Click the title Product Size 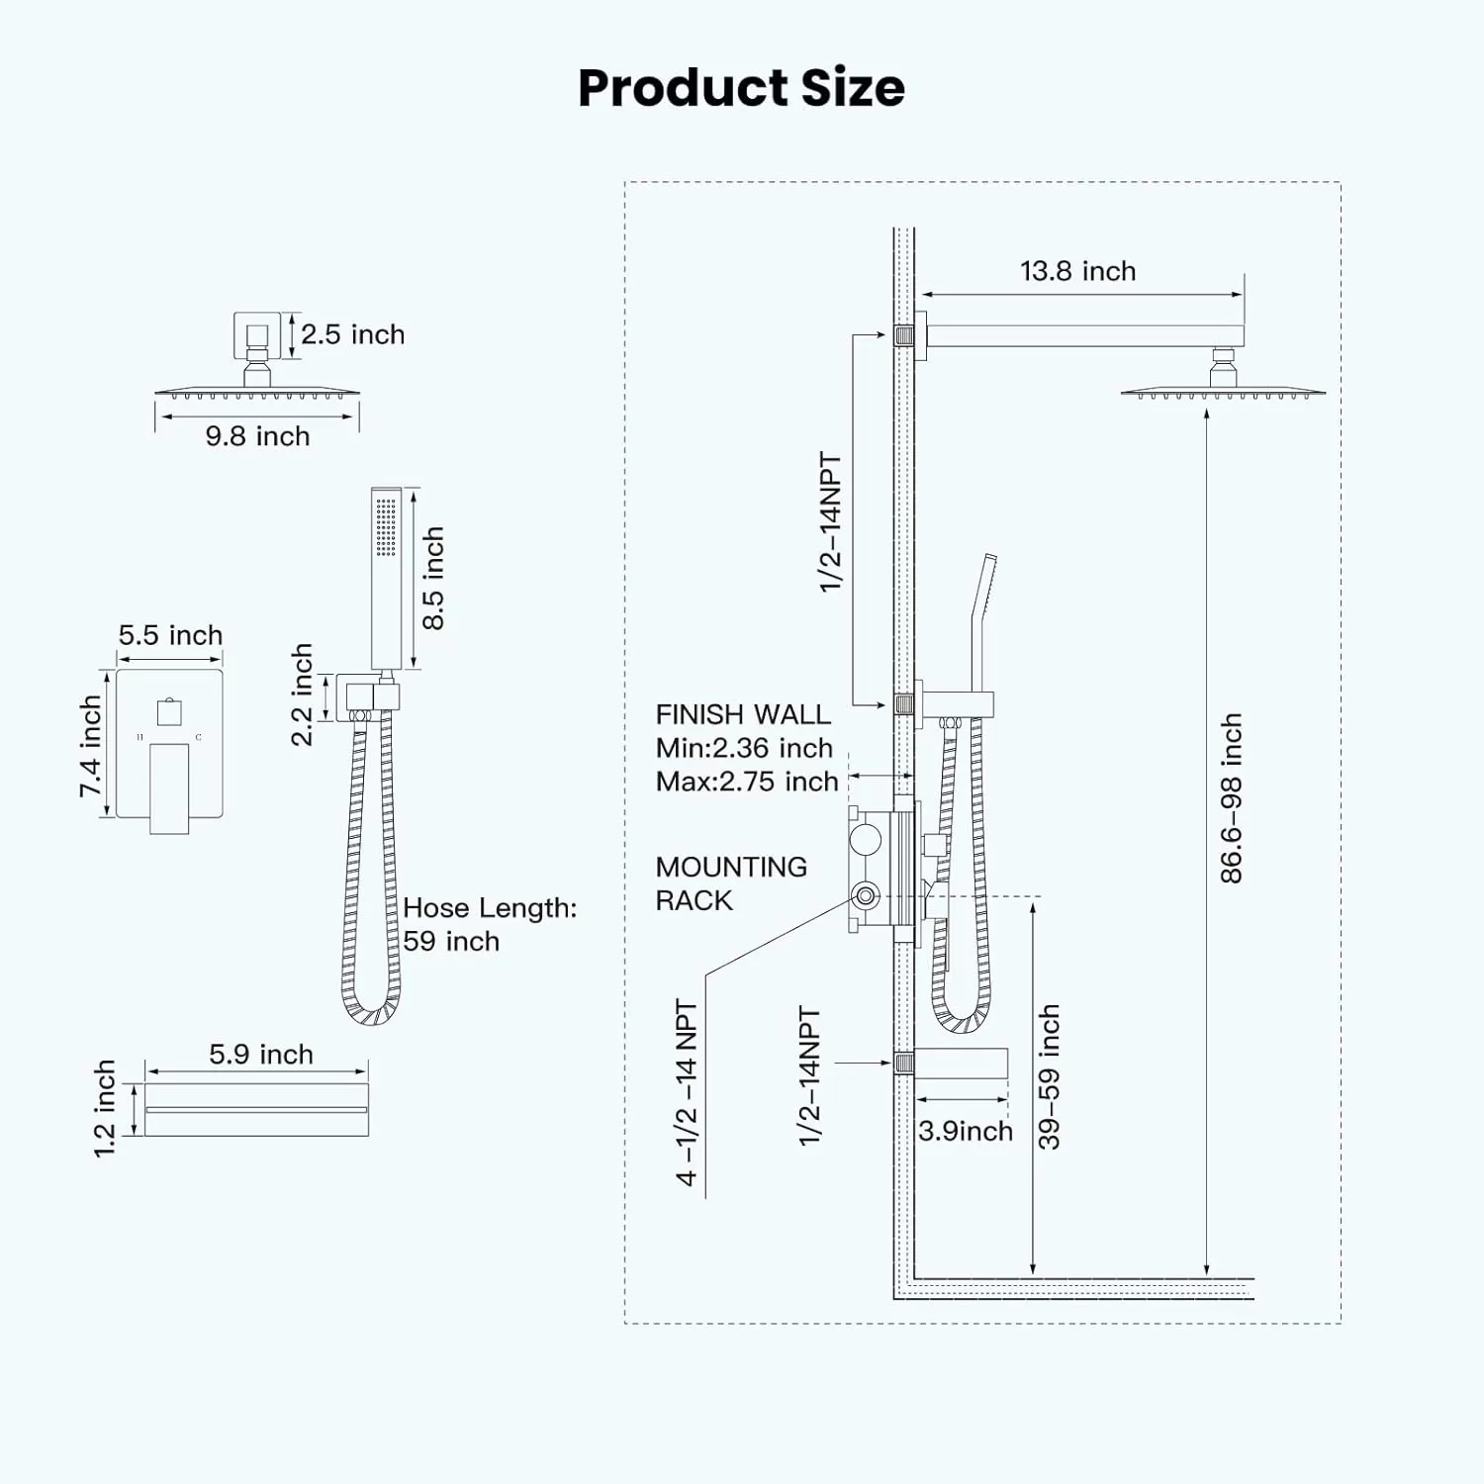pos(741,87)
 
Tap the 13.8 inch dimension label pos(1077,271)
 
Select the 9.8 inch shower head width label pos(257,436)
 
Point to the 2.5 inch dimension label pos(353,334)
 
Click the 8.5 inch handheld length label pos(432,579)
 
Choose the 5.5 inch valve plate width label pos(170,635)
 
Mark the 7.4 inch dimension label pos(90,746)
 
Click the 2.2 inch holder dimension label pos(302,695)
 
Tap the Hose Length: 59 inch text pos(490,924)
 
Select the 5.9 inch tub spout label pos(261,1055)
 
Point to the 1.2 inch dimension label pos(104,1108)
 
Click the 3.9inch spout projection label pos(966,1131)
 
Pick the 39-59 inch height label pos(1049,1077)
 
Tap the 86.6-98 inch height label pos(1230,798)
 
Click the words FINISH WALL pos(743,714)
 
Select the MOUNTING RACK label pos(731,883)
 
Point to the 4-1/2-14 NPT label pos(687,1092)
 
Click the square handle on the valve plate pos(169,711)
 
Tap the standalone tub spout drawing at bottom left pos(256,1109)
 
